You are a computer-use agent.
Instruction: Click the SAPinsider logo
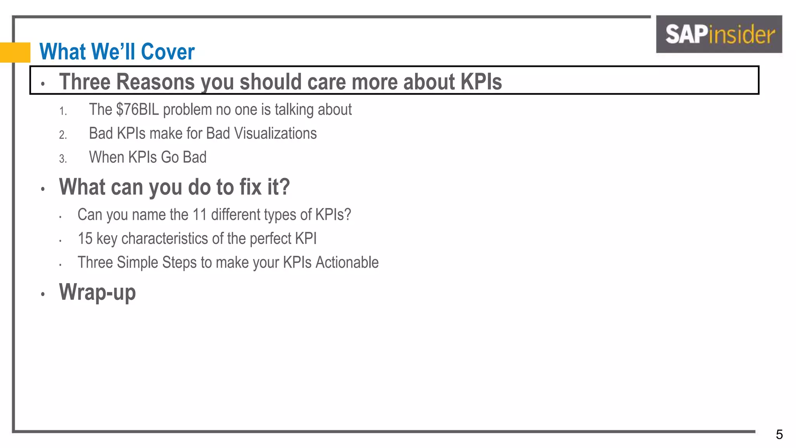(719, 34)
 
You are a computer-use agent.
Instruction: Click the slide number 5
(779, 434)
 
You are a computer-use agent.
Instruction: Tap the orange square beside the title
(15, 52)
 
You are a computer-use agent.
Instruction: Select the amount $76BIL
(137, 110)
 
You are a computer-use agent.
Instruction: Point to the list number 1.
(63, 112)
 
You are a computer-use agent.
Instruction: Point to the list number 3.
(63, 159)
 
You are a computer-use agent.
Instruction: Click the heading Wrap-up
(97, 292)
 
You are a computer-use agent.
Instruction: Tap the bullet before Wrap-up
(43, 294)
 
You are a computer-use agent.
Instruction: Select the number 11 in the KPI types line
(200, 215)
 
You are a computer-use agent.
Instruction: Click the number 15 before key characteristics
(85, 239)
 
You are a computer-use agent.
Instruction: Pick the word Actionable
(347, 262)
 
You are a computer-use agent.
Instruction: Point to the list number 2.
(63, 135)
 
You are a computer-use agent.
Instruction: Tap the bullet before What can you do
(43, 189)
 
